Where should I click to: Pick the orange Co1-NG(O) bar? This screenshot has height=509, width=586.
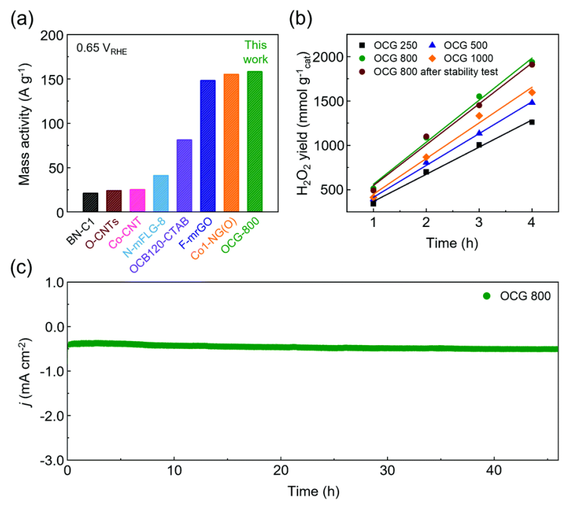point(231,143)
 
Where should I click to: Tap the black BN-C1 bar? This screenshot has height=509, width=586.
point(91,202)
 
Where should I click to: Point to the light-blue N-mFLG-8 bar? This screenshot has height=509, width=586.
point(161,193)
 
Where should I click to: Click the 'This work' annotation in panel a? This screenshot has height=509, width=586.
point(255,52)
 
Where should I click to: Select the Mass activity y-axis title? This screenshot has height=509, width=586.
point(25,123)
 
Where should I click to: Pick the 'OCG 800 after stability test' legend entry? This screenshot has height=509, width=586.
point(438,70)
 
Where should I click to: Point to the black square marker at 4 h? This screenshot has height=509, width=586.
point(532,122)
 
